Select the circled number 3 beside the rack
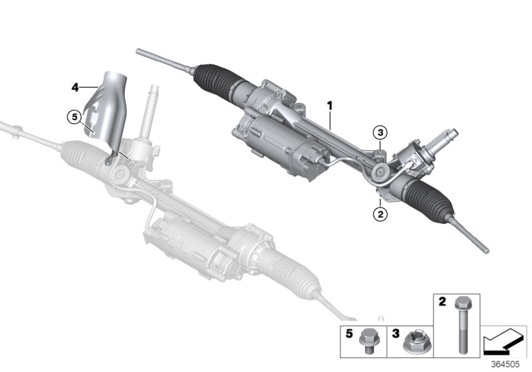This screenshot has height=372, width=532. point(379,132)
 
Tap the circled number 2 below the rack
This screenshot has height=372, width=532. point(380,214)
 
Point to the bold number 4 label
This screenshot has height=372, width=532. point(75,86)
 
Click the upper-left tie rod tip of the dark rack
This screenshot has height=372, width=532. point(138,50)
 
